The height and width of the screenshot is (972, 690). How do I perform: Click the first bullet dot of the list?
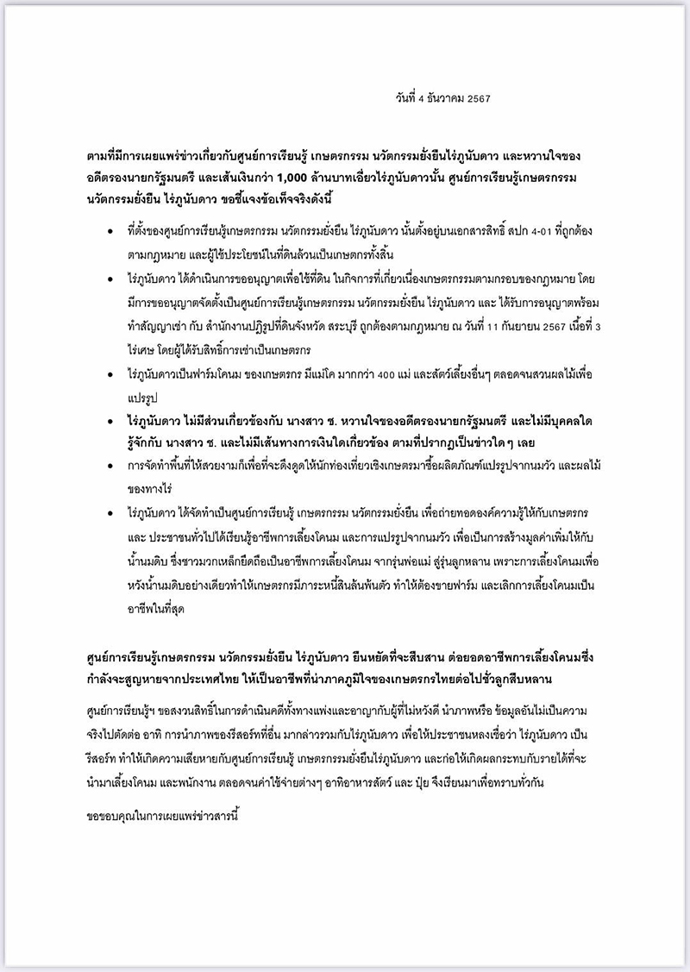click(110, 234)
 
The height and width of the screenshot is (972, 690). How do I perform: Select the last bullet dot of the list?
click(110, 514)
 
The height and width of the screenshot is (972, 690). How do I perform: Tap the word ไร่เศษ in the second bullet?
click(141, 351)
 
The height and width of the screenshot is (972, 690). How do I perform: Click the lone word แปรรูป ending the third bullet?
click(142, 399)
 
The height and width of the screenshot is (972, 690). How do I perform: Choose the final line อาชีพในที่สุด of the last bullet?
click(158, 609)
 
